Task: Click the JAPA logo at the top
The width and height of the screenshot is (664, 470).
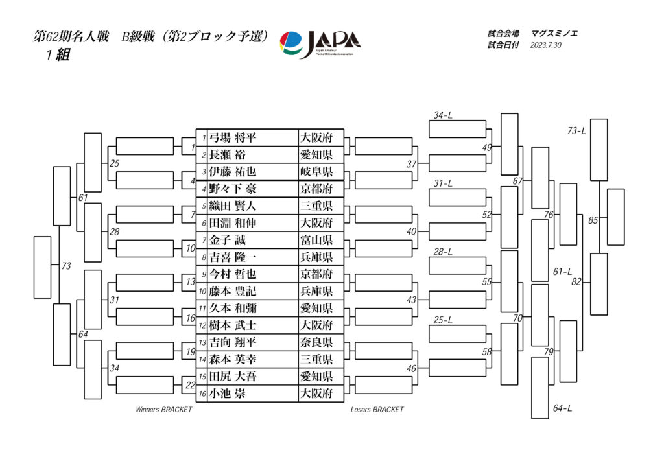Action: click(320, 45)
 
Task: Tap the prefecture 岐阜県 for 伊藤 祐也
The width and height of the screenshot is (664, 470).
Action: click(316, 172)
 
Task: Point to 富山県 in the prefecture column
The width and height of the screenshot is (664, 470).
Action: click(316, 240)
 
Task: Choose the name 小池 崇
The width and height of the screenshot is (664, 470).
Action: click(227, 393)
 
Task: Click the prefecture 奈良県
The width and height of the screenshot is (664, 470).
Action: click(316, 342)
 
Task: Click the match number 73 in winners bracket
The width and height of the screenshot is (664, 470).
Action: click(66, 266)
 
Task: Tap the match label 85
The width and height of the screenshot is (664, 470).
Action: click(593, 220)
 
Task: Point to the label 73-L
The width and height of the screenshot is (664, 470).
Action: click(576, 131)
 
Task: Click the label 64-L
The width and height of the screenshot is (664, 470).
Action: click(562, 408)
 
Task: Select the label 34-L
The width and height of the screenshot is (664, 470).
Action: click(443, 115)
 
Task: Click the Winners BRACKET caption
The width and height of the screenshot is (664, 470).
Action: click(163, 410)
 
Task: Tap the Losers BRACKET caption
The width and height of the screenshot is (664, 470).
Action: click(377, 410)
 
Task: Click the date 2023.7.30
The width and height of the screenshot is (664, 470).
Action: click(545, 45)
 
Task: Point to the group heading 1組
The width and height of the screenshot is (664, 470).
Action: click(57, 56)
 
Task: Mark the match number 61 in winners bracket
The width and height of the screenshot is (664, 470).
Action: click(82, 197)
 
